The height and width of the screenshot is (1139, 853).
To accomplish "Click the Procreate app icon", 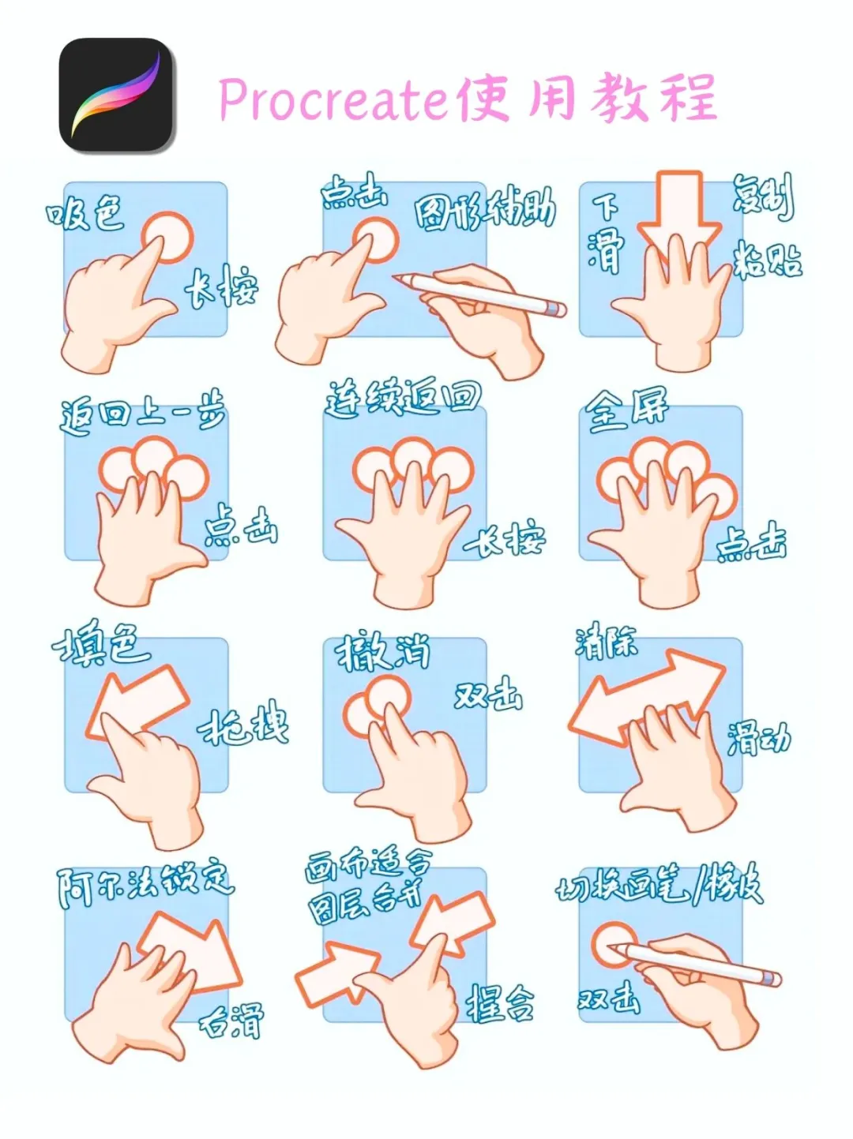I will [116, 96].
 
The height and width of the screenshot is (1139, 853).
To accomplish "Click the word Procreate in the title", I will [332, 100].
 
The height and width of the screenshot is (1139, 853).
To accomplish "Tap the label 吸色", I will [85, 213].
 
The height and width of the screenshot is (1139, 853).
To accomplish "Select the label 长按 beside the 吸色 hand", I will [222, 287].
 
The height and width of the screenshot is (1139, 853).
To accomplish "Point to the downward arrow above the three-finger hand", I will [679, 210].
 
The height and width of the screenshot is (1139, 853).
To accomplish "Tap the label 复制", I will [762, 197].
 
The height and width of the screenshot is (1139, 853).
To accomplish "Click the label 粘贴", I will [767, 259].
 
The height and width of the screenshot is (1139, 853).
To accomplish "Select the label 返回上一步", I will [143, 412].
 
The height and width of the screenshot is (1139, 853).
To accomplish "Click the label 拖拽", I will [244, 725].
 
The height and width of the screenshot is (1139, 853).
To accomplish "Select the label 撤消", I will [383, 654].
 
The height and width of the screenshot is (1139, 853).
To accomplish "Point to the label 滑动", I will [758, 738].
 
